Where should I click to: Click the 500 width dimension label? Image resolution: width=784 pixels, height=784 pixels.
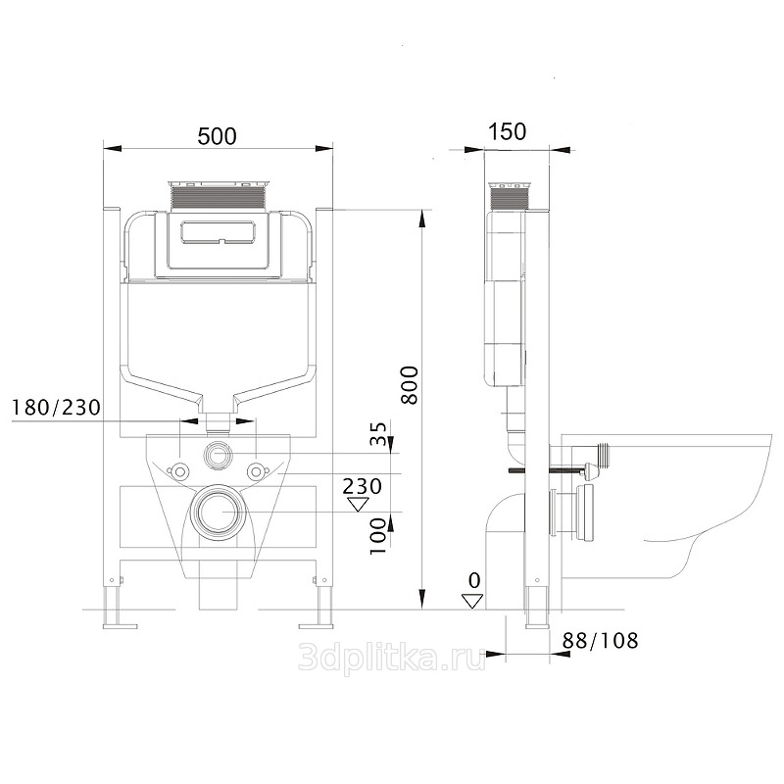pyautogui.click(x=217, y=136)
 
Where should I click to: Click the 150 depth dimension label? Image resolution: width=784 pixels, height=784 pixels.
pyautogui.click(x=507, y=131)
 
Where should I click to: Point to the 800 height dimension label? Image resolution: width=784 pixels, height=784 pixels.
pyautogui.click(x=410, y=385)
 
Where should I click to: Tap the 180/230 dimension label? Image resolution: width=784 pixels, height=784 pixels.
pyautogui.click(x=56, y=408)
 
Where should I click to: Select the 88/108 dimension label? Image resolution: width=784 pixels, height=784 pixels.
pyautogui.click(x=601, y=641)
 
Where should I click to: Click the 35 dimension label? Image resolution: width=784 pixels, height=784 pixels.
pyautogui.click(x=378, y=433)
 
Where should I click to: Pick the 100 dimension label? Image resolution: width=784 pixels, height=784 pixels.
pyautogui.click(x=378, y=536)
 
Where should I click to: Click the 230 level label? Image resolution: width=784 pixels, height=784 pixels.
pyautogui.click(x=363, y=486)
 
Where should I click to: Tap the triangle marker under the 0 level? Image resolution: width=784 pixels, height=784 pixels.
pyautogui.click(x=472, y=601)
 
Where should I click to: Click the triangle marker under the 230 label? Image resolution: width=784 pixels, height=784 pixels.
pyautogui.click(x=358, y=505)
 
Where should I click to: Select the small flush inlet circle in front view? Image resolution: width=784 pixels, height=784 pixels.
pyautogui.click(x=218, y=455)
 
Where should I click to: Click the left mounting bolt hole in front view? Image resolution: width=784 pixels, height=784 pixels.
pyautogui.click(x=179, y=470)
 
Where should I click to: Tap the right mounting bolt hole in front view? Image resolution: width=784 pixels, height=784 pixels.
pyautogui.click(x=256, y=470)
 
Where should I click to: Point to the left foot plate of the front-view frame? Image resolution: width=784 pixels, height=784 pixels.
pyautogui.click(x=120, y=625)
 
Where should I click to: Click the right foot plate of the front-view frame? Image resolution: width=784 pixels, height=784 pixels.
pyautogui.click(x=317, y=625)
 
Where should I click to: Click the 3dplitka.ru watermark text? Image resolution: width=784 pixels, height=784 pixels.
pyautogui.click(x=392, y=657)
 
